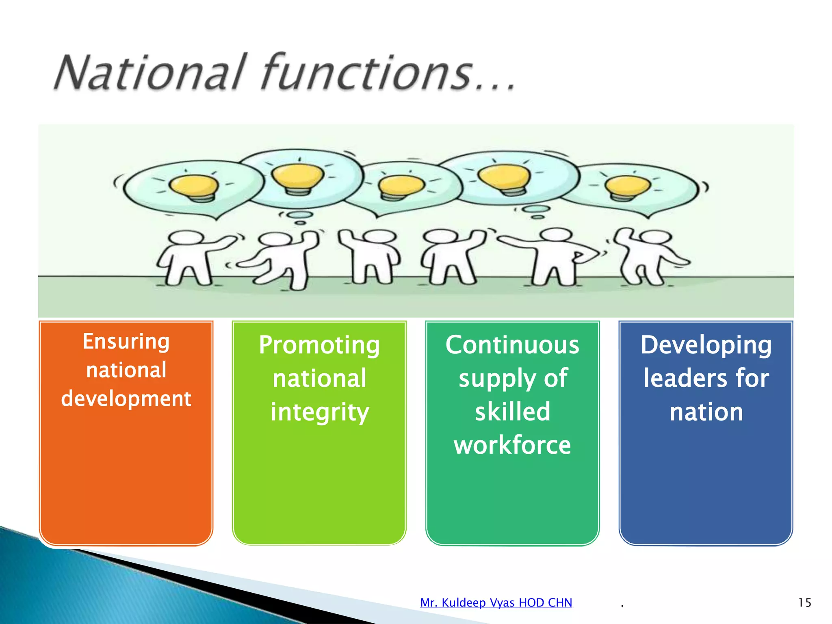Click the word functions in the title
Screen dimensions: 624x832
(368, 72)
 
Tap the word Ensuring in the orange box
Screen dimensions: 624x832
(126, 341)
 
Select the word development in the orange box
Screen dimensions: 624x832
(126, 399)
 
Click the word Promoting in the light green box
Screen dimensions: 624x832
(319, 345)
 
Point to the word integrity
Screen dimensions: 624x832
(320, 412)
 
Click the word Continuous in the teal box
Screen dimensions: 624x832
(512, 345)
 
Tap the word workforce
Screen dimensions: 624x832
(512, 445)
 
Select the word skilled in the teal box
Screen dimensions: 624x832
(513, 412)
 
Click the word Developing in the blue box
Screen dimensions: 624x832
(706, 345)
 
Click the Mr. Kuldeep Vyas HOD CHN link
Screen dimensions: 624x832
(496, 602)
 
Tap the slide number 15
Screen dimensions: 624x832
(804, 602)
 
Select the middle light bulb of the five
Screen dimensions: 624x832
(401, 186)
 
